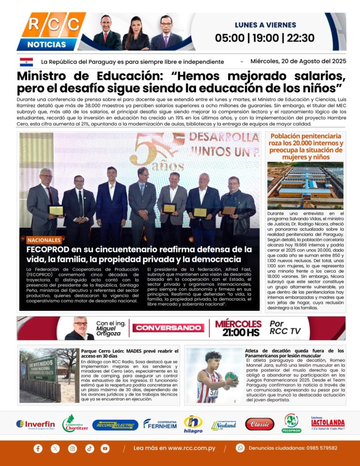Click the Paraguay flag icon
pos(26,62)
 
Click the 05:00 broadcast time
pos(230,38)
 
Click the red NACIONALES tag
pos(44,240)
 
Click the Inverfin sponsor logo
pos(36,424)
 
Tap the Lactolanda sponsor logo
pos(328,423)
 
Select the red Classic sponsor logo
pos(260,424)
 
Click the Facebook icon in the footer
pos(38,449)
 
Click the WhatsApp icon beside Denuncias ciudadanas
pos(240,448)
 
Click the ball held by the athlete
pos(231,377)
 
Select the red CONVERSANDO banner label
pos(168,328)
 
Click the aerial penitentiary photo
pos(306,185)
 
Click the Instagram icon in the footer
pos(72,449)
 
